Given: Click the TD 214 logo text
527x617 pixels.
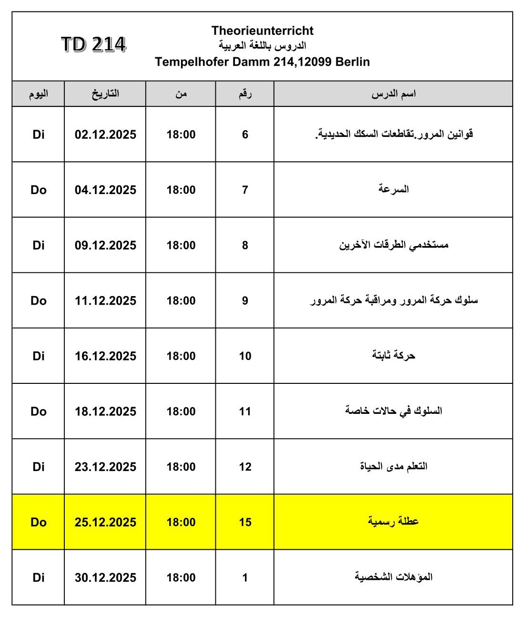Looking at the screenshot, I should click(93, 44).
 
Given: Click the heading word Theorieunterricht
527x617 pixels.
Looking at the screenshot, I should click(262, 31).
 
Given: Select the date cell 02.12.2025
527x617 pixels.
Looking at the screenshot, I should click(105, 134).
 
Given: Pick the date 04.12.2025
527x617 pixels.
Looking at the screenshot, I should click(105, 190).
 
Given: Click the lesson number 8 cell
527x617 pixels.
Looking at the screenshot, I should click(245, 245).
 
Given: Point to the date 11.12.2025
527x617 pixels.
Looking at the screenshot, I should click(105, 300).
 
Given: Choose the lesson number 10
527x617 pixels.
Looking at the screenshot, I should click(245, 356).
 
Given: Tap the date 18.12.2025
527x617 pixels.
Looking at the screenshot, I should click(105, 411).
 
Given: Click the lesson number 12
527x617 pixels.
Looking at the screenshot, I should click(245, 466).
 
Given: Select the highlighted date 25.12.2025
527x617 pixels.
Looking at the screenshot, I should click(105, 522).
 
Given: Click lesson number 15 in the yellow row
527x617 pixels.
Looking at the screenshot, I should click(245, 522).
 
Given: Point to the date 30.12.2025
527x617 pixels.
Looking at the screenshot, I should click(105, 577).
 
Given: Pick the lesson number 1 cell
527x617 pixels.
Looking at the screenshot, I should click(245, 577).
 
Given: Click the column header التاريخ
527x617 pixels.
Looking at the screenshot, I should click(105, 93).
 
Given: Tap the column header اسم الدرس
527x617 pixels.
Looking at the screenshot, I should click(394, 93).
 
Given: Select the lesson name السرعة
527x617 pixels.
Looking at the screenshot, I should click(394, 189).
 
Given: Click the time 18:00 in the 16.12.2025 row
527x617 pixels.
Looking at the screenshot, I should click(181, 356).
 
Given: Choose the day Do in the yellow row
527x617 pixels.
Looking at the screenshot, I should click(39, 522).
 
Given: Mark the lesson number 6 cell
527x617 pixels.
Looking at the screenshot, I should click(245, 134).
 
